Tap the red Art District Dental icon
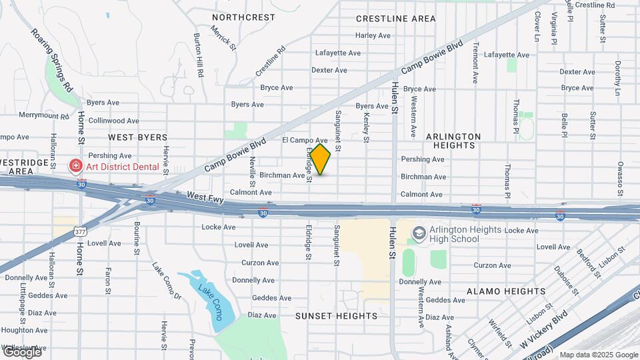point(76,166)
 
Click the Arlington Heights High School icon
point(419,233)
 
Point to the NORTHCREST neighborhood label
point(243,17)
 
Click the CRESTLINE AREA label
point(395,19)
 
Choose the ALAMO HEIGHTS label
point(506,291)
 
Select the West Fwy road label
point(205,197)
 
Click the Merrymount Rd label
point(44,115)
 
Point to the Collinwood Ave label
point(114,121)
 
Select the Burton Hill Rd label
point(198,55)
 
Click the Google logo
point(21,351)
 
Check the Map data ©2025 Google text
point(599,355)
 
